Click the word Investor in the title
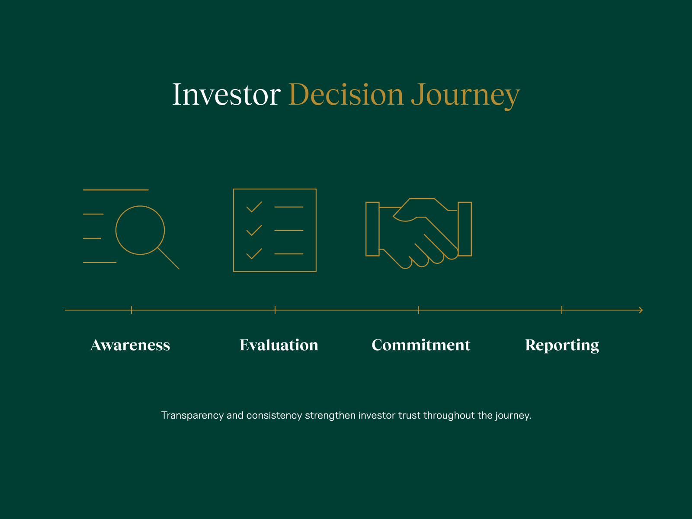(226, 94)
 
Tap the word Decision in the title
(346, 94)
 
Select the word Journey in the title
(465, 95)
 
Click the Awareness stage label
(130, 345)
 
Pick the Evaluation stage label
(279, 345)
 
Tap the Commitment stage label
(421, 345)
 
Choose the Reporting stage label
(562, 346)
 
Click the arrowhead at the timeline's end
(641, 310)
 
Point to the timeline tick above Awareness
(131, 310)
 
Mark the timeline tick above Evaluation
(275, 310)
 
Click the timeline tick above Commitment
(419, 310)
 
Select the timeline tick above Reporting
(562, 310)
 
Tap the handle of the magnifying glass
(169, 259)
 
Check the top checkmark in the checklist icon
(254, 207)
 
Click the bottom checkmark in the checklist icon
(254, 253)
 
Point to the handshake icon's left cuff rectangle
(372, 229)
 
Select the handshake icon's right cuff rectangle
(465, 229)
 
